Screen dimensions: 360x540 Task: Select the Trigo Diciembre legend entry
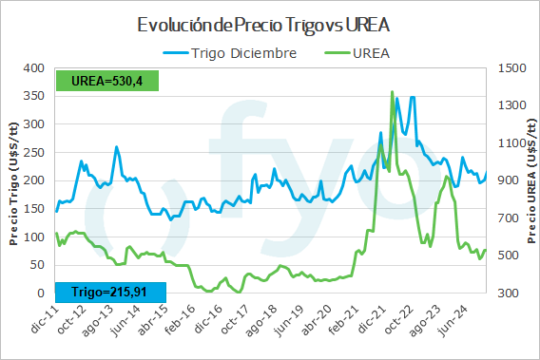[233, 53]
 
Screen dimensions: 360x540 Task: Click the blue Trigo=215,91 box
[109, 291]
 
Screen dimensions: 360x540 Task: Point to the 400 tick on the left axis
[33, 68]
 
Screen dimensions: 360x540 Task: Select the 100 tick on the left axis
[33, 237]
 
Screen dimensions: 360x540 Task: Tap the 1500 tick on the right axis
[511, 68]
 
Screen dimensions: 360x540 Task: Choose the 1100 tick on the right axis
[511, 143]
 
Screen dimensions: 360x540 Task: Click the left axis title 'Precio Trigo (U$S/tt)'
[13, 180]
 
